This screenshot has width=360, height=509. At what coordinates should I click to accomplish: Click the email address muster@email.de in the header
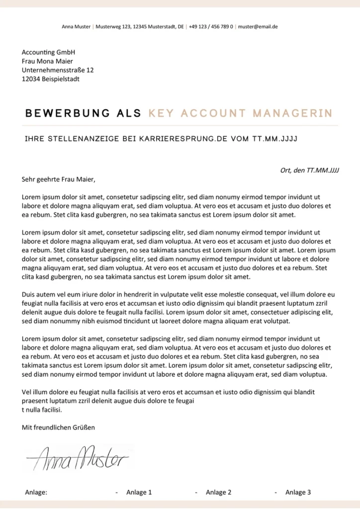[258, 26]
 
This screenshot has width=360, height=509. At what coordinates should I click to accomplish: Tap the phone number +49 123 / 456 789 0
[211, 26]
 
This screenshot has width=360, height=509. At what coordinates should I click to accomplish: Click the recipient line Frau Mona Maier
[48, 61]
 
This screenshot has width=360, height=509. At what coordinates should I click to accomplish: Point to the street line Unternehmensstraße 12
[58, 70]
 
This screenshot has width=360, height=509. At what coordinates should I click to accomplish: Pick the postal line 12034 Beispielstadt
[50, 79]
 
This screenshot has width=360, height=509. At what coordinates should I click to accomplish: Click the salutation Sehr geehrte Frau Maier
[58, 179]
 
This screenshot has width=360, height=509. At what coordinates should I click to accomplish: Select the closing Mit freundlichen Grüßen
[58, 427]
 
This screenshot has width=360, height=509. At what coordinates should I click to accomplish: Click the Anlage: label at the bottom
[36, 492]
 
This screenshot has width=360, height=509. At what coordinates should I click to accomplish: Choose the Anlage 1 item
[139, 492]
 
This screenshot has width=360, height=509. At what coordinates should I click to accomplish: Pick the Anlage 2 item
[218, 492]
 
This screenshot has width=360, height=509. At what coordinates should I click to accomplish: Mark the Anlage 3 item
[298, 492]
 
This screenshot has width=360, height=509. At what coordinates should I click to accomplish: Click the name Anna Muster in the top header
[76, 26]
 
